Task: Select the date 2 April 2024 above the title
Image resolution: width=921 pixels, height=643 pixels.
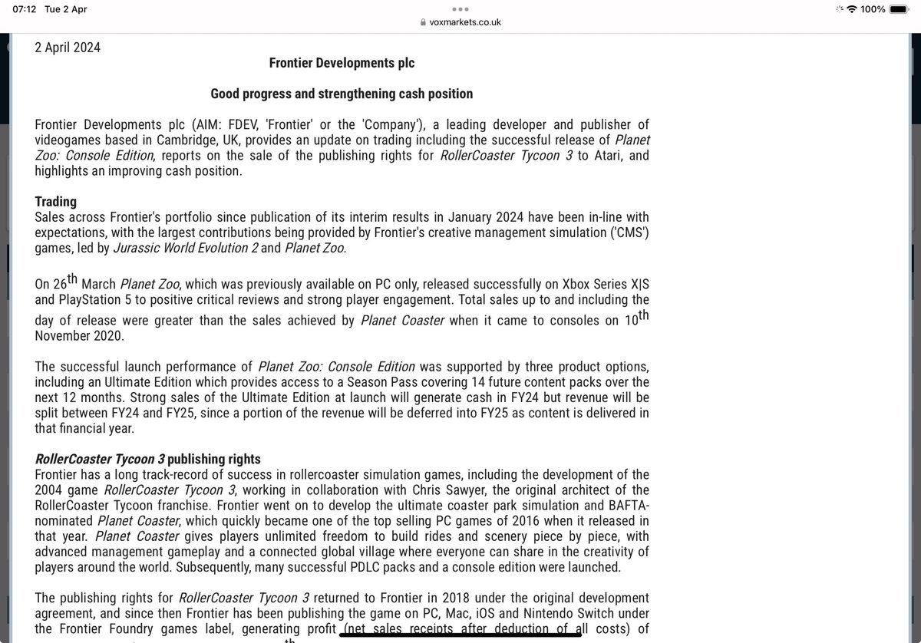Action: [68, 48]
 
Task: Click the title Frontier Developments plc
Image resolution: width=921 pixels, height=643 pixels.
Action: [342, 63]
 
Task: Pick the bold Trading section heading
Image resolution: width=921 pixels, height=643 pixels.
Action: [55, 202]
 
